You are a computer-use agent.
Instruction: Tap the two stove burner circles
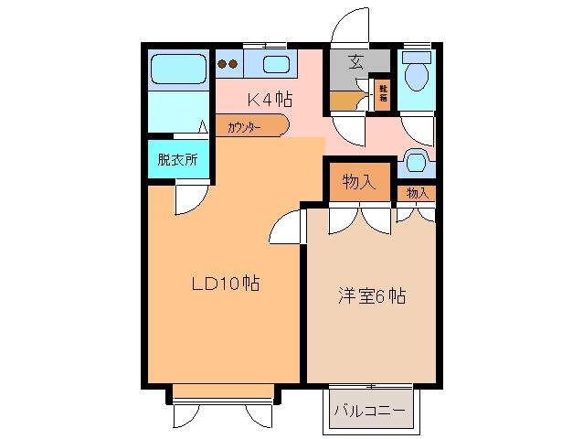coord(228,65)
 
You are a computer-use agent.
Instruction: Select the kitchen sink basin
coord(275,64)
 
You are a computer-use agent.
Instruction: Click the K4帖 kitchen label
coord(270,99)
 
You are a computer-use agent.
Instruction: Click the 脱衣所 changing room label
coord(177,159)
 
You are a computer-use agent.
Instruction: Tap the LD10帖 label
coord(225,284)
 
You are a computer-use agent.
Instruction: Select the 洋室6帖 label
coord(371,295)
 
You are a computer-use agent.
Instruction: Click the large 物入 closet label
coord(359,181)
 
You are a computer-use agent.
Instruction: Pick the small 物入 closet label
coord(417,193)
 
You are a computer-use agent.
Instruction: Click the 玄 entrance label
coord(356,63)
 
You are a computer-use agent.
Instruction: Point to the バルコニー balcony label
coord(368,410)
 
